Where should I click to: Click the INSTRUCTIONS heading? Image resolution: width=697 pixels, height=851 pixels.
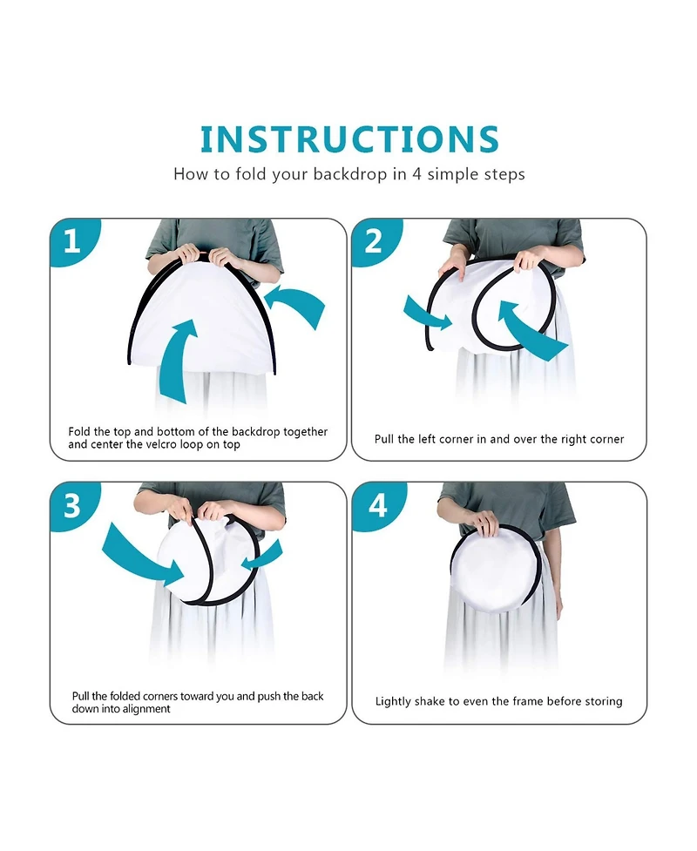tap(349, 139)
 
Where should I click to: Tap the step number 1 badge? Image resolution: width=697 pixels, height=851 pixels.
tap(73, 240)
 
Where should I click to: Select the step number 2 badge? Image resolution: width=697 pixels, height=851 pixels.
tap(376, 240)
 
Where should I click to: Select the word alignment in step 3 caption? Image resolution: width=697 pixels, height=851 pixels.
tap(143, 709)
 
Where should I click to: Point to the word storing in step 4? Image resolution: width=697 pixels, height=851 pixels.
tap(602, 702)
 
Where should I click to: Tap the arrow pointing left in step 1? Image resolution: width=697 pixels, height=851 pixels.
tap(295, 305)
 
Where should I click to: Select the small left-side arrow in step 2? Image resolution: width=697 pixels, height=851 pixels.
tap(426, 314)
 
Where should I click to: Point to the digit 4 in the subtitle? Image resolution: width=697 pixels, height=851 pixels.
tap(416, 174)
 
